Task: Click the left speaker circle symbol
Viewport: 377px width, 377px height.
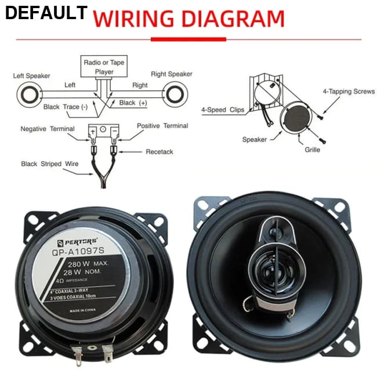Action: (x=27, y=93)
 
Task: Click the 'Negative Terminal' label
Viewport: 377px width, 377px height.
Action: (x=48, y=128)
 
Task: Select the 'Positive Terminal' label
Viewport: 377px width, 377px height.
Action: (x=162, y=126)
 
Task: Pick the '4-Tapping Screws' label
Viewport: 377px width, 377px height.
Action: (x=349, y=92)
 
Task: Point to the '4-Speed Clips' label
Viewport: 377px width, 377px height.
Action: (x=223, y=109)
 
